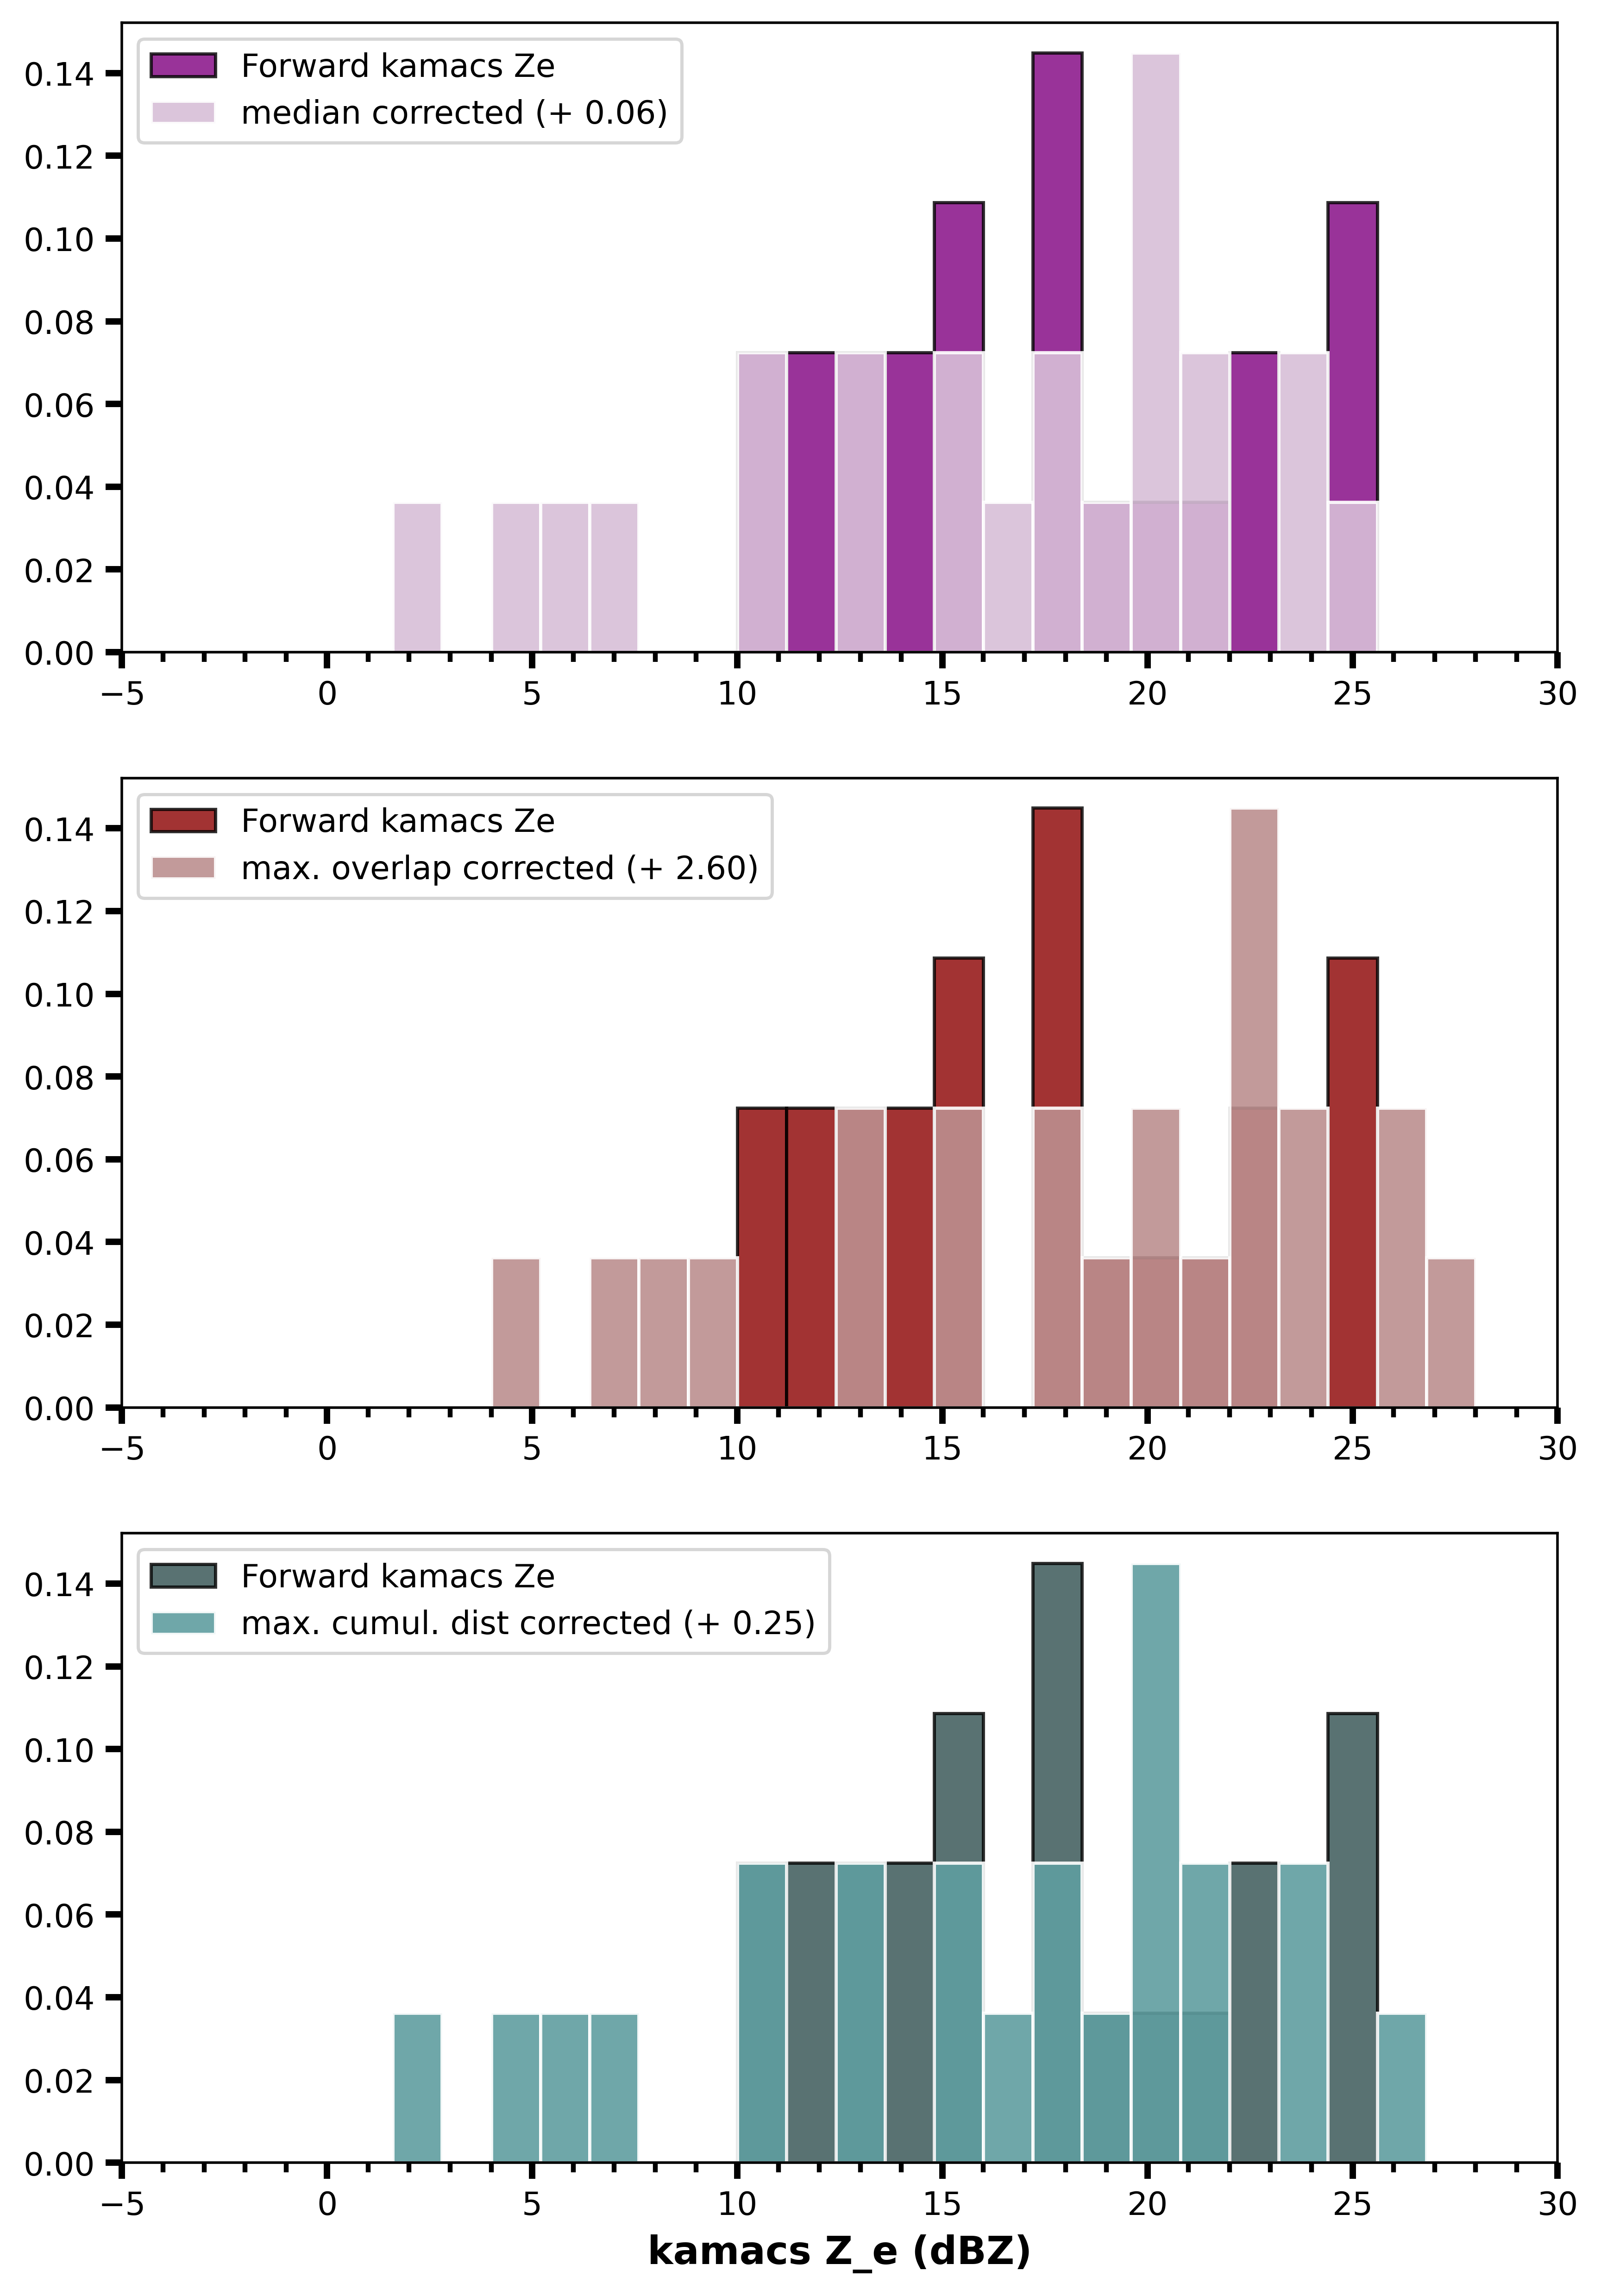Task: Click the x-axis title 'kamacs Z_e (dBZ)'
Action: point(839,2251)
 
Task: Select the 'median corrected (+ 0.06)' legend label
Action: point(454,112)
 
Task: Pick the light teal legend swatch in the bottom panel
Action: point(183,1622)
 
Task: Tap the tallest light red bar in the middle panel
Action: point(1254,1108)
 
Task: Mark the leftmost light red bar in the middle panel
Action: point(516,1333)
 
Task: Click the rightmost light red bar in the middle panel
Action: point(1450,1333)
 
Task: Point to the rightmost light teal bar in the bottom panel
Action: point(1401,2088)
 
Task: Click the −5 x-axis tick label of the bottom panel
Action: point(122,2204)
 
